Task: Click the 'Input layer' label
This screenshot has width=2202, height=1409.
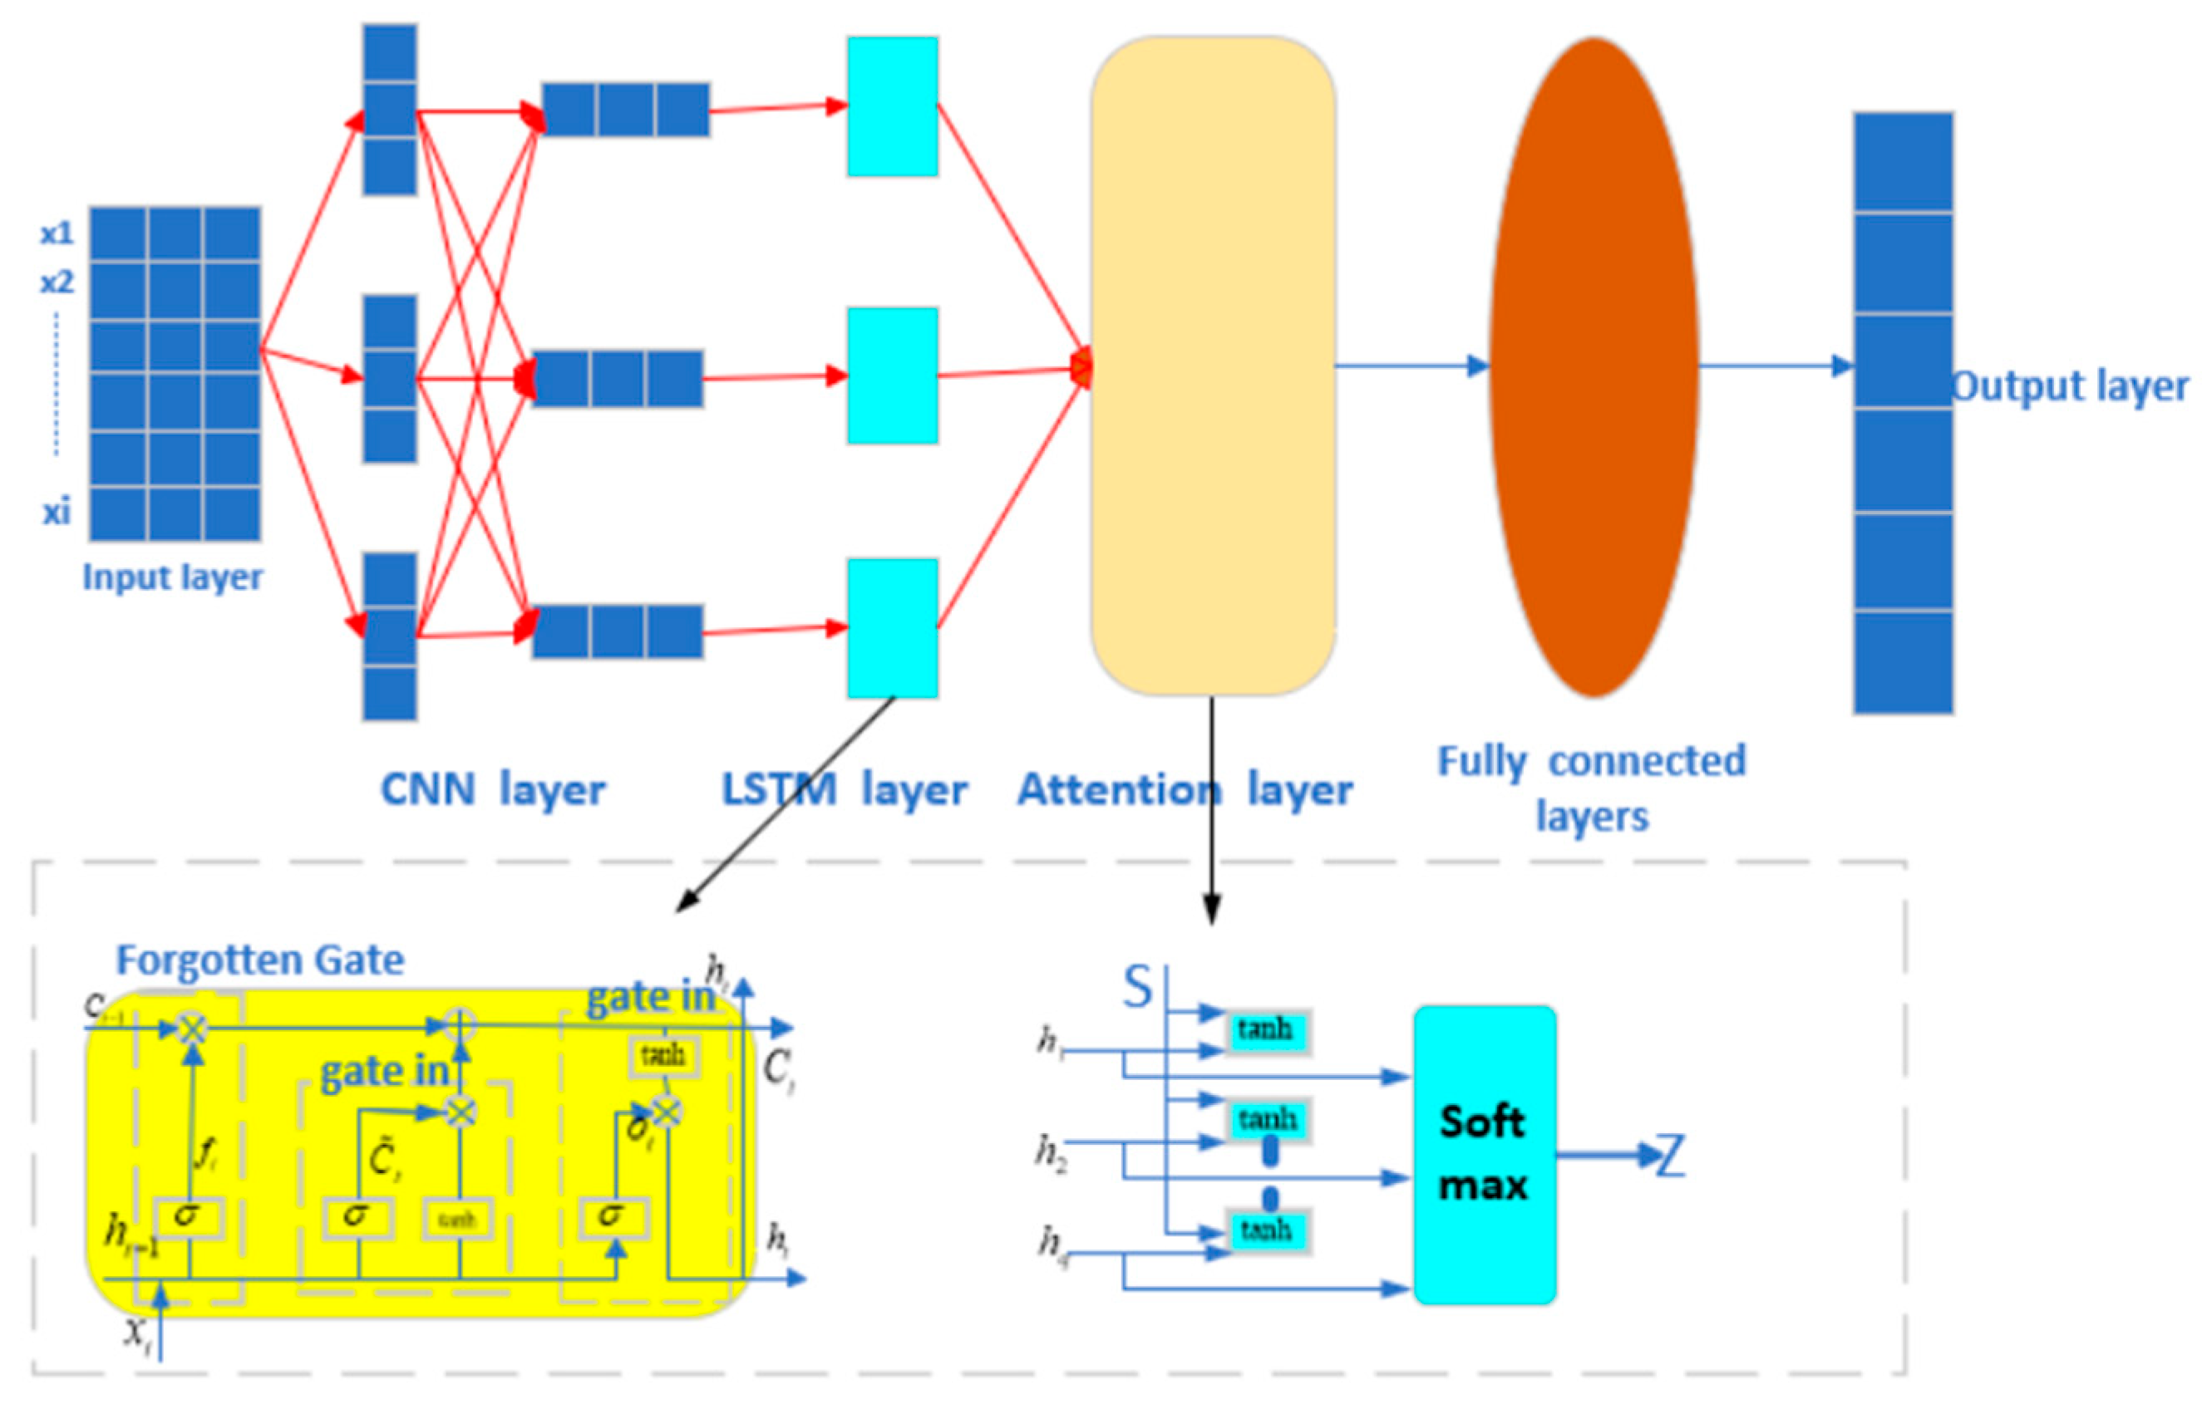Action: click(172, 578)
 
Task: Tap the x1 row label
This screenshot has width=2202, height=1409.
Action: click(57, 234)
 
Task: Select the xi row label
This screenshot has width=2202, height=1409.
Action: click(57, 513)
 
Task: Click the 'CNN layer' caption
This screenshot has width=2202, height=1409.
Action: click(492, 789)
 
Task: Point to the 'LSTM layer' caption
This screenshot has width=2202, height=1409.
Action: click(844, 789)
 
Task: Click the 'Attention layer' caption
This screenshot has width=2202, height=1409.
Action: click(1185, 789)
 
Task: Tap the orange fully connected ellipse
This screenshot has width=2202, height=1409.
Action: click(1594, 366)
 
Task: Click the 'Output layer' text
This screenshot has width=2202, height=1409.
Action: click(2070, 386)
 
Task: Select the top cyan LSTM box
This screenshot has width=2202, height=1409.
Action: click(892, 106)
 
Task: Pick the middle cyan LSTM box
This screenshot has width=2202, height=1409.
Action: click(892, 376)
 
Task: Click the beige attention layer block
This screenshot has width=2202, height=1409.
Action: click(1212, 366)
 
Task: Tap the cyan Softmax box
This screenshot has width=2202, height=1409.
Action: click(1484, 1155)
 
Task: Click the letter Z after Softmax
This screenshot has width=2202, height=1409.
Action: click(1671, 1156)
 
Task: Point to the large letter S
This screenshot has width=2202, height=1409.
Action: click(1138, 988)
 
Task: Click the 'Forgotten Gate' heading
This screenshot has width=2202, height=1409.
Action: click(260, 960)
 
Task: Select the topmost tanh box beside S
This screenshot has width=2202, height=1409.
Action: click(1267, 1031)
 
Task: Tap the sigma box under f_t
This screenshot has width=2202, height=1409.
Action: click(187, 1217)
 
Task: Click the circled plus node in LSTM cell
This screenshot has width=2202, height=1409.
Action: click(461, 1026)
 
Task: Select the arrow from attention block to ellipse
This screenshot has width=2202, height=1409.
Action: click(1410, 366)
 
